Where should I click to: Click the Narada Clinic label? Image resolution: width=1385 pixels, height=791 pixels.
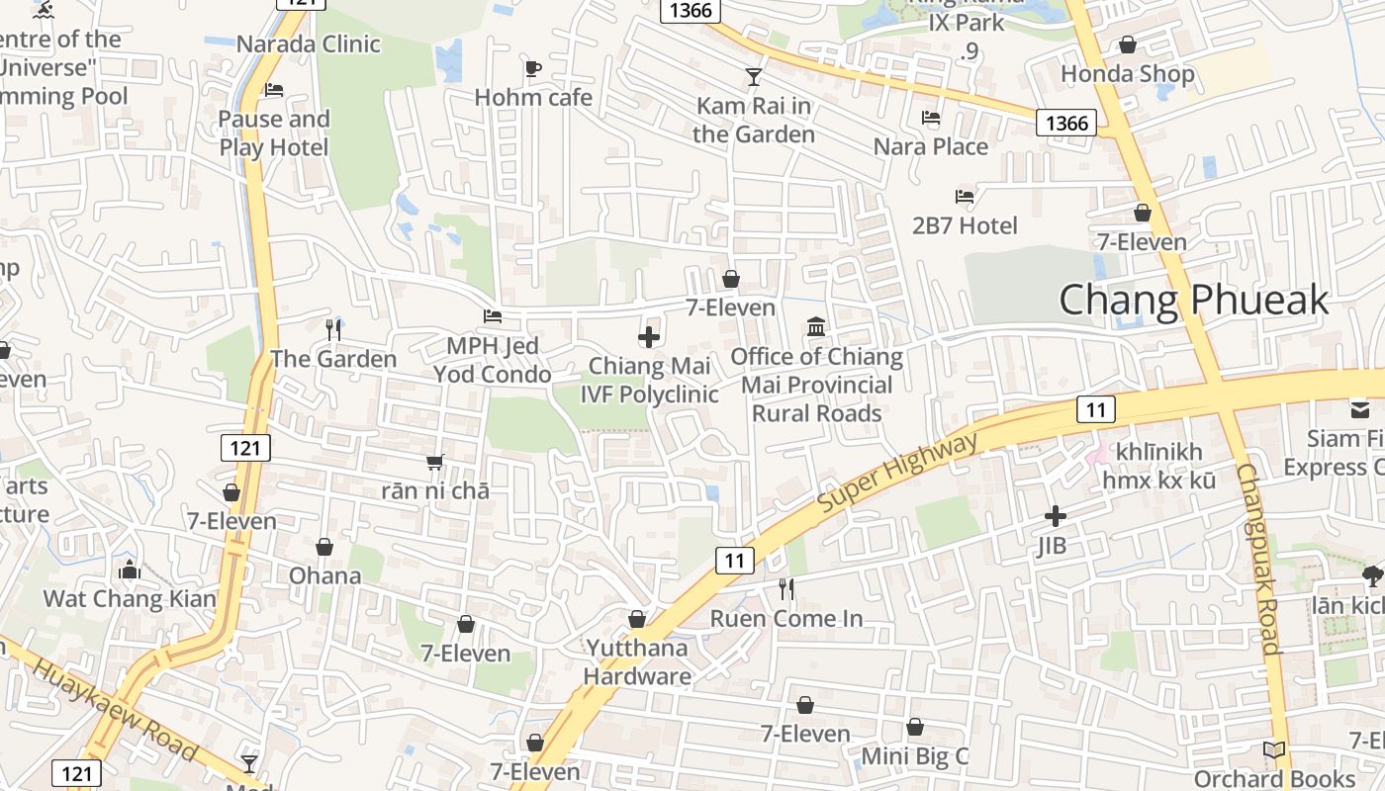(308, 44)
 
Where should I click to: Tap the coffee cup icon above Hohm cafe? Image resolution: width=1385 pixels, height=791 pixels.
(533, 68)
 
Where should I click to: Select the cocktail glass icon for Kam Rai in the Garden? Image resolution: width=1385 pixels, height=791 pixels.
(754, 76)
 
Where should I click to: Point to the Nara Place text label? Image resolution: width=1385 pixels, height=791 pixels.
(930, 146)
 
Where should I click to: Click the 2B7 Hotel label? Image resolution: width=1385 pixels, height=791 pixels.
(965, 225)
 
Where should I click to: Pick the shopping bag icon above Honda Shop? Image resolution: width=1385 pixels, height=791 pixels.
(1127, 44)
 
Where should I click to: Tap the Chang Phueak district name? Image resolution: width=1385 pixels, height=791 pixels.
(1193, 300)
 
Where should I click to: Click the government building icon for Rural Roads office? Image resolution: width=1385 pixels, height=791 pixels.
(816, 326)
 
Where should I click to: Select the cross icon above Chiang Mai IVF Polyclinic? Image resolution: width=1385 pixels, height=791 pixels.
(649, 337)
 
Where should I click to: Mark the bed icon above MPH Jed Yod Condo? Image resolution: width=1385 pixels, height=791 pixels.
(492, 316)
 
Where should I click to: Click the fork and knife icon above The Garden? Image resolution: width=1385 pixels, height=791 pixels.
(333, 329)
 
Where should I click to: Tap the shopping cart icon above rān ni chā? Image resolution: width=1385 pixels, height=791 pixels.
(434, 462)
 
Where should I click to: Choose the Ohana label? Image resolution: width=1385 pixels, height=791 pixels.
(324, 575)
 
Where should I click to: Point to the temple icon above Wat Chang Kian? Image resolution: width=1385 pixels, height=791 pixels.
(129, 570)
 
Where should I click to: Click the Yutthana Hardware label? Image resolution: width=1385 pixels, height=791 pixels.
(637, 662)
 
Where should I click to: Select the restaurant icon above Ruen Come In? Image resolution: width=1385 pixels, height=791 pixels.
(786, 589)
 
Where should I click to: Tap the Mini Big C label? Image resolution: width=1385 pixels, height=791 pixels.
(914, 756)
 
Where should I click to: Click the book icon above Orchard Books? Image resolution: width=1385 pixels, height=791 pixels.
(1274, 750)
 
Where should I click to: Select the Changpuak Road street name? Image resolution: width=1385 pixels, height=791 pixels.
(1258, 559)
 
